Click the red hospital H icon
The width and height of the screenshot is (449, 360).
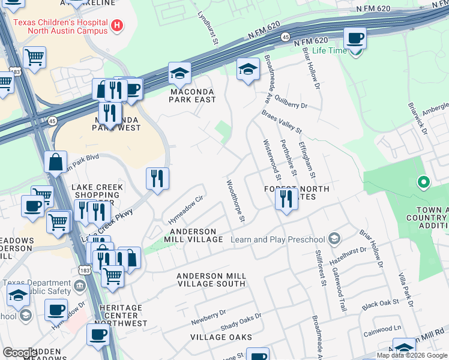[x=118, y=26]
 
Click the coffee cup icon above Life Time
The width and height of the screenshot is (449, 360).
[x=355, y=38]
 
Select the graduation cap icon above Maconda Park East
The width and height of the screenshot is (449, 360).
[x=179, y=73]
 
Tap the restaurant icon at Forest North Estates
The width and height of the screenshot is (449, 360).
[x=286, y=199]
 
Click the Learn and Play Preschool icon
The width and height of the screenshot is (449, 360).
[x=335, y=239]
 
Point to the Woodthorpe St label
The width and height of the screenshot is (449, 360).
[x=235, y=201]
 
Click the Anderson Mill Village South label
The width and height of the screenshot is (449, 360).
[x=211, y=280]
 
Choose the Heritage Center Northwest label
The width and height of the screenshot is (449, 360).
[x=121, y=316]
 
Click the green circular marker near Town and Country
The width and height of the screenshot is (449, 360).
[x=423, y=181]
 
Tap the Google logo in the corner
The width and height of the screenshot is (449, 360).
[x=20, y=353]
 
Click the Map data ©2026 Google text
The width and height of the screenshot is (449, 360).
[x=412, y=355]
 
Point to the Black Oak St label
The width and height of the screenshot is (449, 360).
[x=379, y=305]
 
